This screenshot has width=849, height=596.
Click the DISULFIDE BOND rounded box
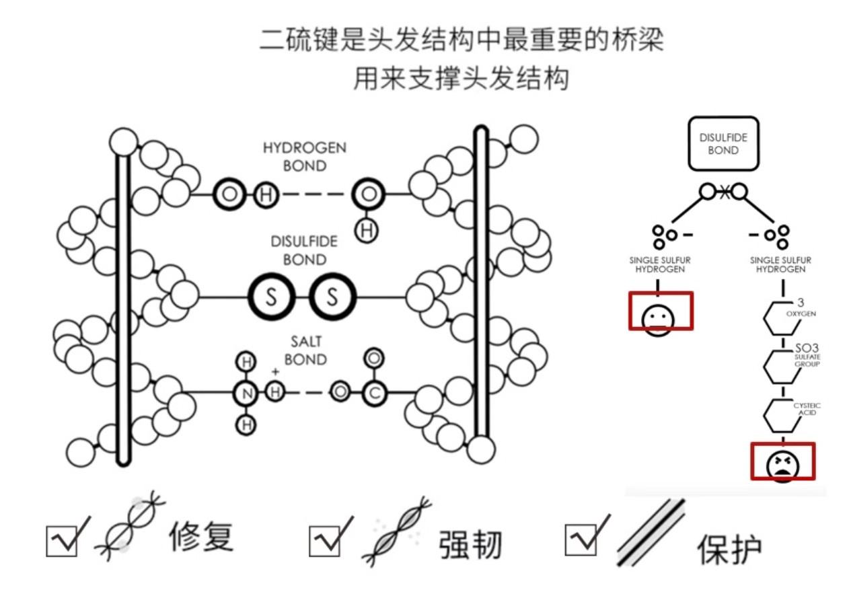pos(723,143)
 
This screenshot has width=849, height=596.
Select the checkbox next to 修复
pos(63,540)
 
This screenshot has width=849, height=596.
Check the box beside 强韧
pos(325,540)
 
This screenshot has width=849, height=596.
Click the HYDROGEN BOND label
pos(304,156)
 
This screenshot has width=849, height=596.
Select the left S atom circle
pos(271,297)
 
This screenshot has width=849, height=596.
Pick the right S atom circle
pos(332,297)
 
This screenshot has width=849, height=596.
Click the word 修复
pos(200,538)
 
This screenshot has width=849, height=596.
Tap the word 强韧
pos(471,544)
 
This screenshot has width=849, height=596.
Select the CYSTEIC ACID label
pos(807,409)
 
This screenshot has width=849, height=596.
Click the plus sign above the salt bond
pos(274,372)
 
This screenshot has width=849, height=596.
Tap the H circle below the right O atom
pos(367,231)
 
